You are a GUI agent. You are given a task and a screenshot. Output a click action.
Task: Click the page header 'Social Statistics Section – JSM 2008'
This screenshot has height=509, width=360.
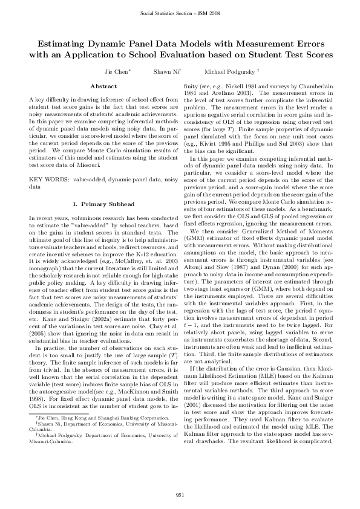[x=180, y=13]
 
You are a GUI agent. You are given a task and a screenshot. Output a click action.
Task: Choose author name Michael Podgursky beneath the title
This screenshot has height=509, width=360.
[x=227, y=71]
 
